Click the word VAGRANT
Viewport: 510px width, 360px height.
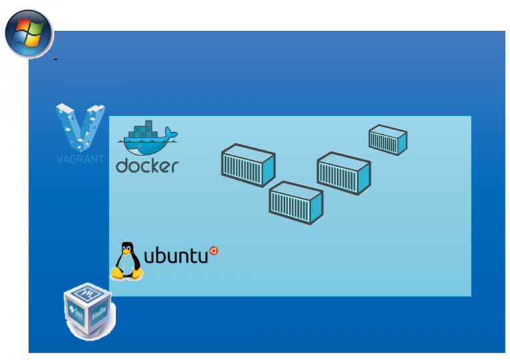(80, 159)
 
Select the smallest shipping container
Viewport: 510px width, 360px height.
(388, 139)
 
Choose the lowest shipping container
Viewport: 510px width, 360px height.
(296, 202)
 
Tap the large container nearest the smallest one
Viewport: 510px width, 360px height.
(343, 173)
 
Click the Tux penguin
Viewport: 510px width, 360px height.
(126, 260)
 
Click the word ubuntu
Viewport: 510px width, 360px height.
(176, 255)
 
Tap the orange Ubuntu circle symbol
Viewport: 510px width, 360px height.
(214, 250)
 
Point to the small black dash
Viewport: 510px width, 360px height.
(56, 60)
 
